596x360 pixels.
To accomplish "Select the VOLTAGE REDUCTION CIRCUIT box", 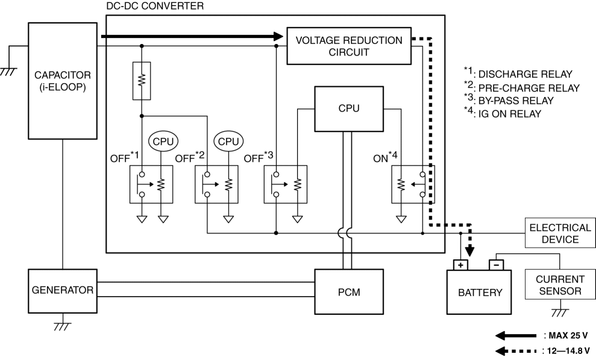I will click(349, 46).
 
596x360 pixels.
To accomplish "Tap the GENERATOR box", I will click(63, 289).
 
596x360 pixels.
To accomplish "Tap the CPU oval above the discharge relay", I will click(163, 141).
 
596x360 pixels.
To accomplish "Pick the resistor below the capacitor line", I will click(142, 81).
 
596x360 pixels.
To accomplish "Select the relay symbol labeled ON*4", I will click(413, 185).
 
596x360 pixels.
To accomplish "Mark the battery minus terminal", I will click(495, 264).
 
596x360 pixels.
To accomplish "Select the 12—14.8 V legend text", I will click(565, 350).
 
